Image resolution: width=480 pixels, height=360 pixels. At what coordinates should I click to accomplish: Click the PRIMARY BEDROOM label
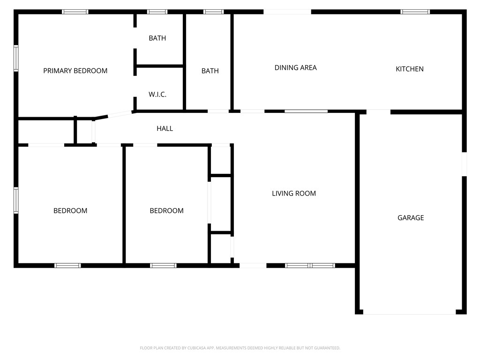pyautogui.click(x=75, y=71)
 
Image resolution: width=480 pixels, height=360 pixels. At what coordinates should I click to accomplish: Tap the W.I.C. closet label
pyautogui.click(x=157, y=94)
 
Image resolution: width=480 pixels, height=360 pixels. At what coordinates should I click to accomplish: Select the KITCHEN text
pyautogui.click(x=410, y=69)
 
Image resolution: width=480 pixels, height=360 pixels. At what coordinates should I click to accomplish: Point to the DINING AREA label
pyautogui.click(x=295, y=67)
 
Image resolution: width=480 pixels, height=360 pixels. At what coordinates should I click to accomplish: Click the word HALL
pyautogui.click(x=165, y=128)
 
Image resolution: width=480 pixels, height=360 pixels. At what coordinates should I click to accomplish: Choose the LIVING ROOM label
pyautogui.click(x=294, y=193)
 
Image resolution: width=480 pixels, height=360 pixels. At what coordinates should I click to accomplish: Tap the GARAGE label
pyautogui.click(x=411, y=217)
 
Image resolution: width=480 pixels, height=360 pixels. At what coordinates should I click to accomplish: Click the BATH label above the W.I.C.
pyautogui.click(x=157, y=38)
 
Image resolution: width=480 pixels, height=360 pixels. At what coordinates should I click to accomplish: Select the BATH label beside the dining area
pyautogui.click(x=210, y=71)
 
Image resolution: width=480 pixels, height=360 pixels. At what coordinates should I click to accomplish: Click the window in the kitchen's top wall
pyautogui.click(x=415, y=12)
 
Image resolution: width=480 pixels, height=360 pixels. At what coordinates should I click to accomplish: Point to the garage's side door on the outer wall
pyautogui.click(x=464, y=164)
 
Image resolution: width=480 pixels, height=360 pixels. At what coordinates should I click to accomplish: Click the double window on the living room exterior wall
pyautogui.click(x=310, y=265)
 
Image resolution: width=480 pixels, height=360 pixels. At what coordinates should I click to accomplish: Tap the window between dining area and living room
pyautogui.click(x=306, y=112)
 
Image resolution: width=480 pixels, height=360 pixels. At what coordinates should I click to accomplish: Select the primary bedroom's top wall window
pyautogui.click(x=75, y=12)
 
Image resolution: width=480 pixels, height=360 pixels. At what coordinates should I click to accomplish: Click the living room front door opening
pyautogui.click(x=253, y=265)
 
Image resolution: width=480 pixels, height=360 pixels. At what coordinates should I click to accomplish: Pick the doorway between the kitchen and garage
pyautogui.click(x=378, y=112)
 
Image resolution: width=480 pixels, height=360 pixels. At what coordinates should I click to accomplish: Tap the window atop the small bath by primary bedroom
pyautogui.click(x=157, y=12)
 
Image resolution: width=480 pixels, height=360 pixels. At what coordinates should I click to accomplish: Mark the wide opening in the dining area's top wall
pyautogui.click(x=287, y=12)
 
